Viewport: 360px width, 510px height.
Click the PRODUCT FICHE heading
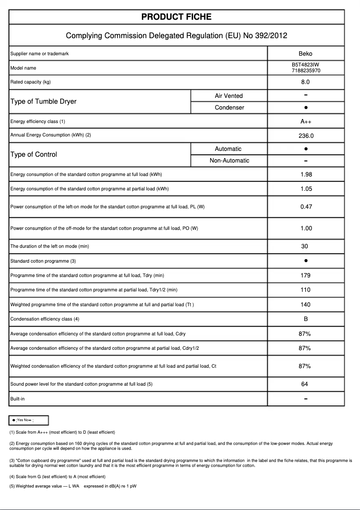coord(176,17)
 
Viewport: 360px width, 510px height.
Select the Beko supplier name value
coord(305,53)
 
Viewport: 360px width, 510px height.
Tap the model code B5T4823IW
coord(305,65)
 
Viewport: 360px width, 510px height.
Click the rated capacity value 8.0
coord(305,82)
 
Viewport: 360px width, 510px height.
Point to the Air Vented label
coord(228,96)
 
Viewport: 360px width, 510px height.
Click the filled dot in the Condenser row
coord(305,108)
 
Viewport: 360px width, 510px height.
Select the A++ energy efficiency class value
coord(305,122)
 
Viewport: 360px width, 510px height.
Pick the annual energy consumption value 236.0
coord(305,136)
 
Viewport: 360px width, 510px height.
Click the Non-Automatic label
coord(229,161)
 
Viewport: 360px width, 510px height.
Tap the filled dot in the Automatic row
coord(305,149)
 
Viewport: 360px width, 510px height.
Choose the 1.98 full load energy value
coord(306,175)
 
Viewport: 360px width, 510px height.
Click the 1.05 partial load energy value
coord(306,189)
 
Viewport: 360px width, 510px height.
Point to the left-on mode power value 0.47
coord(306,207)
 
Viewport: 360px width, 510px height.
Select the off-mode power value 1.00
coord(306,229)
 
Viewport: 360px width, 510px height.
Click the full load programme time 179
coord(305,276)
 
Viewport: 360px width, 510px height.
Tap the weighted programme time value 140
coord(305,305)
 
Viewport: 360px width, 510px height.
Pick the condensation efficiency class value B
coord(305,319)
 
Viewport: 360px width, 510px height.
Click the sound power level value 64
coord(305,384)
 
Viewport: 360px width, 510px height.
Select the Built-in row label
coord(18,399)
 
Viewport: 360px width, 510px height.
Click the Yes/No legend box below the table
coord(29,420)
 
